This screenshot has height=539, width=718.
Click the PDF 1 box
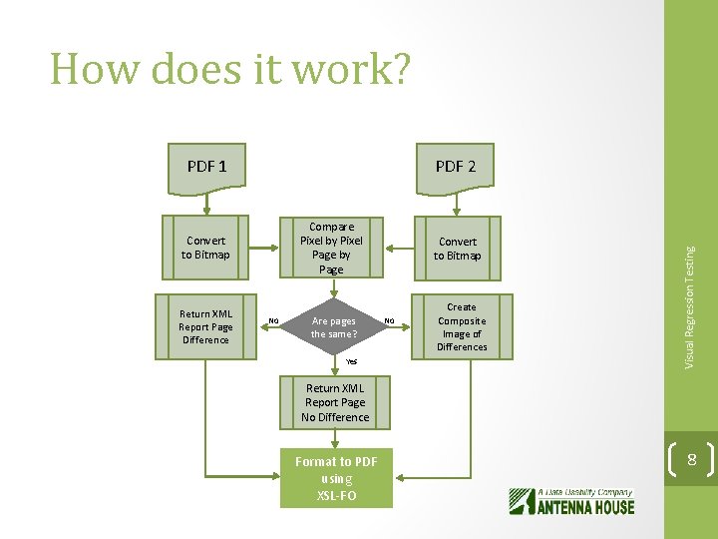(x=206, y=166)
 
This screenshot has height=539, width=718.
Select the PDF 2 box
(x=456, y=166)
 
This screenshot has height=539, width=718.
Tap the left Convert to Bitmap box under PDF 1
(x=205, y=248)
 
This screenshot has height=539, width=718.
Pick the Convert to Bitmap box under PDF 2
(x=457, y=249)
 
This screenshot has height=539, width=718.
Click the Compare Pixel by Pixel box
(x=331, y=248)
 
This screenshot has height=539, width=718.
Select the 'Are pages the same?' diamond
(x=333, y=326)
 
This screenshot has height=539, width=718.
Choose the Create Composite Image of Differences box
(x=461, y=327)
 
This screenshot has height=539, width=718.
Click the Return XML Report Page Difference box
(x=205, y=326)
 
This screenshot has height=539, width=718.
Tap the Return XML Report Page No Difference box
(x=335, y=402)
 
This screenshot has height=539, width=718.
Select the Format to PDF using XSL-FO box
(x=336, y=478)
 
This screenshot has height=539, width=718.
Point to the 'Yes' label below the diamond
(x=351, y=361)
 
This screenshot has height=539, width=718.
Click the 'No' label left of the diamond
(x=272, y=320)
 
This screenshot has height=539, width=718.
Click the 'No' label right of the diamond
(x=390, y=320)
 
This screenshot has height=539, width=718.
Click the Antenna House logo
(x=571, y=500)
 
